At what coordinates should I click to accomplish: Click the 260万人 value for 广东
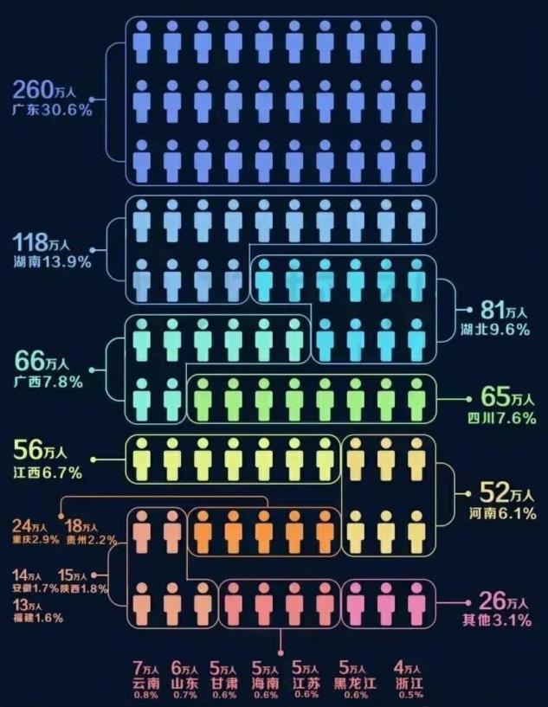[x=48, y=89]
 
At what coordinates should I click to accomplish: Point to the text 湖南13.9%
[x=52, y=262]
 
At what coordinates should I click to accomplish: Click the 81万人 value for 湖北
[x=499, y=310]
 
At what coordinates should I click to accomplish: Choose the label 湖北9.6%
[x=495, y=330]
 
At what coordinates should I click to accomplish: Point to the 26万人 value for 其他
[x=497, y=601]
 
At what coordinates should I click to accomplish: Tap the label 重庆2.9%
[x=35, y=539]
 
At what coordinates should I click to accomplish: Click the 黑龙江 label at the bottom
[x=351, y=683]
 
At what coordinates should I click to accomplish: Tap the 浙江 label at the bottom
[x=408, y=683]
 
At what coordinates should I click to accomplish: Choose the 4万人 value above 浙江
[x=408, y=667]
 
